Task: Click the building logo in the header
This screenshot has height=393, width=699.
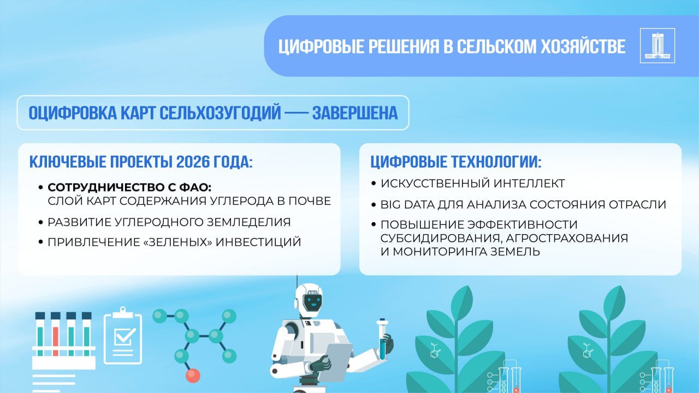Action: [657, 45]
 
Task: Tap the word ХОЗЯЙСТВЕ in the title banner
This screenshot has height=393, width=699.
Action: [583, 46]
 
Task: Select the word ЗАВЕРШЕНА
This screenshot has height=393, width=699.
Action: [355, 113]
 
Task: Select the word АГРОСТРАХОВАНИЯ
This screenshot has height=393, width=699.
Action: [567, 239]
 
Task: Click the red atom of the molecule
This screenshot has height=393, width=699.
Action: [193, 376]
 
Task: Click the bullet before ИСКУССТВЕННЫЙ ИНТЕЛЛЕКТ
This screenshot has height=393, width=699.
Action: [374, 183]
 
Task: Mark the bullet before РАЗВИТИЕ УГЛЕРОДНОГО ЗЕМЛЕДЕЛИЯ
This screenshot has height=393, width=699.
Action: [40, 222]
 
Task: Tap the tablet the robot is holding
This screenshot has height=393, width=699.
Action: [335, 362]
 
